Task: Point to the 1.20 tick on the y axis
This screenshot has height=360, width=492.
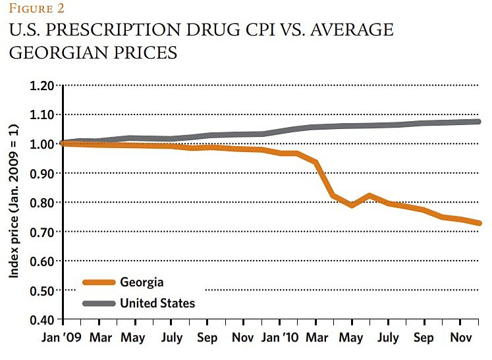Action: [41, 86]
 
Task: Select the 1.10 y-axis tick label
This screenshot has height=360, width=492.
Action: [41, 115]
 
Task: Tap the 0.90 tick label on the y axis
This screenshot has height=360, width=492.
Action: [41, 174]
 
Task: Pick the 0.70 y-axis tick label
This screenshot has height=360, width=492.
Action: [41, 232]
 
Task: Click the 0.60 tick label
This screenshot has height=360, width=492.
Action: [41, 261]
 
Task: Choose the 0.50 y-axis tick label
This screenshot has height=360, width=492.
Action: [41, 290]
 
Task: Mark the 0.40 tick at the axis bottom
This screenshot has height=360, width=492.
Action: [41, 320]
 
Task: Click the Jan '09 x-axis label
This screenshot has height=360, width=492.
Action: [63, 338]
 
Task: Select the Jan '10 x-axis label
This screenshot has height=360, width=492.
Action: [281, 338]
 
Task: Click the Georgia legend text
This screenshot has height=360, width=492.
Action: [142, 282]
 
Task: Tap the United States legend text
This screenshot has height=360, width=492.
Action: [157, 303]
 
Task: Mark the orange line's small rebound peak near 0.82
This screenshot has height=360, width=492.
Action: [371, 195]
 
